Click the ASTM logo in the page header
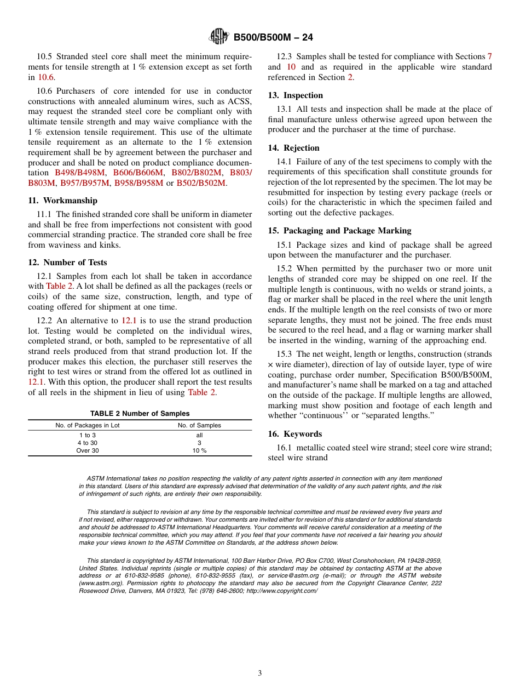click(x=219, y=37)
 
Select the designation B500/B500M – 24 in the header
click(x=273, y=38)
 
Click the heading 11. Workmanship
click(x=62, y=201)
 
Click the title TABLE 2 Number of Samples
click(x=140, y=414)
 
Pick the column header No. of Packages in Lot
click(x=87, y=425)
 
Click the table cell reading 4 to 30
click(x=87, y=443)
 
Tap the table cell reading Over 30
click(x=87, y=450)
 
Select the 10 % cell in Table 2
click(x=199, y=450)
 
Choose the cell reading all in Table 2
click(x=199, y=435)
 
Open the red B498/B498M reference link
click(x=80, y=173)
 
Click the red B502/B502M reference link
click(x=200, y=183)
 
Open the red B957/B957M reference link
click(x=85, y=183)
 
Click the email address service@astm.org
click(x=298, y=576)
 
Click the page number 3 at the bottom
click(x=260, y=673)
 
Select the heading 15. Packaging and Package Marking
click(x=339, y=231)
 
